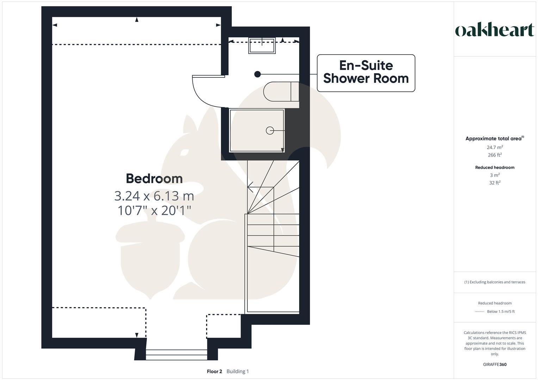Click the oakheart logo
(x=495, y=30)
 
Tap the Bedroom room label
(x=154, y=178)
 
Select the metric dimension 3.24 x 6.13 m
(x=154, y=196)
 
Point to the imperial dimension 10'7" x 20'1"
(x=154, y=210)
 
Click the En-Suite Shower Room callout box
(x=366, y=73)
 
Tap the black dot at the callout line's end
(x=258, y=74)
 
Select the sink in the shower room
(x=262, y=45)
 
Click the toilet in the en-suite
(x=281, y=91)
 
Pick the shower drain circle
(x=270, y=131)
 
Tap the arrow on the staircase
(x=250, y=187)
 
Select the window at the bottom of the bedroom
(x=176, y=354)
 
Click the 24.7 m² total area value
(x=495, y=147)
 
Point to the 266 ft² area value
(x=495, y=155)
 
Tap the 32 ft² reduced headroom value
(x=495, y=183)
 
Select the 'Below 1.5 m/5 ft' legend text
(x=501, y=311)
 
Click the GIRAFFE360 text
(x=495, y=365)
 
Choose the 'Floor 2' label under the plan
(x=214, y=371)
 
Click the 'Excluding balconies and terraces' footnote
(x=495, y=282)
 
